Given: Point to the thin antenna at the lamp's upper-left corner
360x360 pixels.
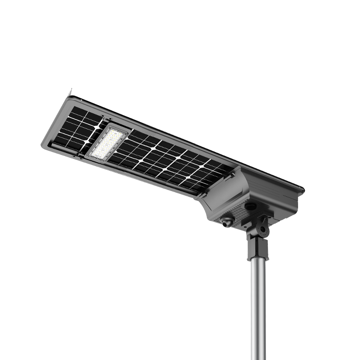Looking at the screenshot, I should point(71,92).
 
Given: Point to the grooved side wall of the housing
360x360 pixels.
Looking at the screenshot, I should point(283,202).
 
